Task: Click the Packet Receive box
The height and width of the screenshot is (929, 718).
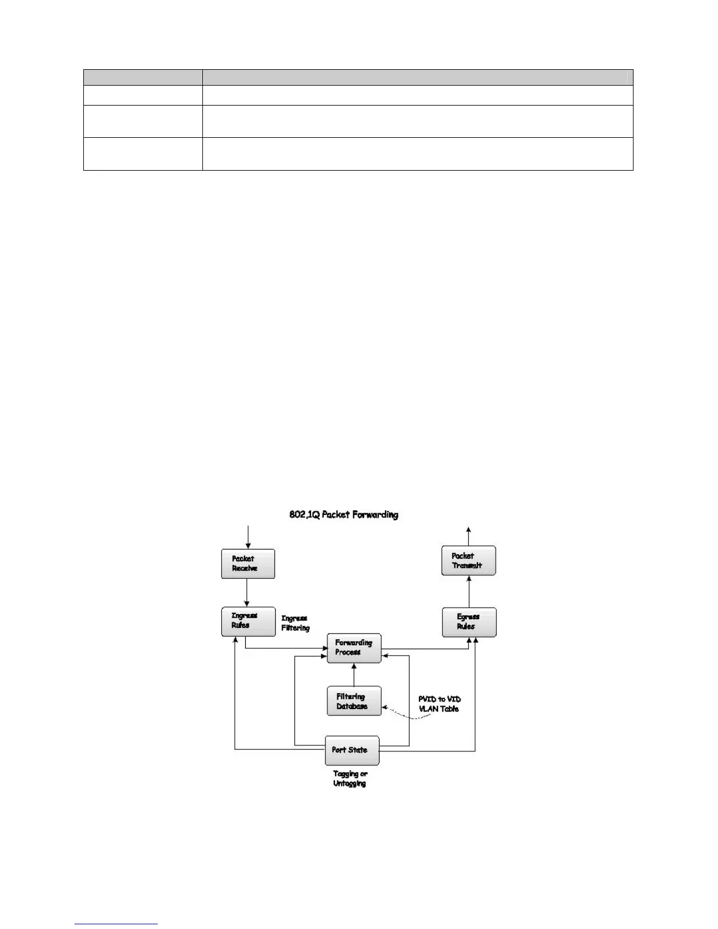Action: click(248, 564)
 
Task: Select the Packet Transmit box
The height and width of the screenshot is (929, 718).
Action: click(468, 561)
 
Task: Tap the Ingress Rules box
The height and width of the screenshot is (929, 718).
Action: click(248, 621)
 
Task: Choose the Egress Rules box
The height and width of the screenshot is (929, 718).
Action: click(469, 622)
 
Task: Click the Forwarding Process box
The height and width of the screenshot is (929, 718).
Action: click(354, 647)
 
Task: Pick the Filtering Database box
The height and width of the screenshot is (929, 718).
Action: click(354, 701)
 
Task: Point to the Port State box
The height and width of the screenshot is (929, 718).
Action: click(352, 750)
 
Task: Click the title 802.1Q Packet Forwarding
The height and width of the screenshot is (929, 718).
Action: click(344, 515)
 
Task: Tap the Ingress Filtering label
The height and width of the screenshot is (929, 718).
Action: click(295, 623)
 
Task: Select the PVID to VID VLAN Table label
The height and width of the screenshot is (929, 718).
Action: click(439, 704)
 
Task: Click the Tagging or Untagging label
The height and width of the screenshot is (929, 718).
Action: click(350, 778)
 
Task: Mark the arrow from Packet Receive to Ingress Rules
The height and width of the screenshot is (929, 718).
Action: click(247, 592)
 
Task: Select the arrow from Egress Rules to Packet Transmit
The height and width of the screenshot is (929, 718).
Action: click(469, 591)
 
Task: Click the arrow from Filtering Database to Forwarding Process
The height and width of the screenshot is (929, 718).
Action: click(354, 674)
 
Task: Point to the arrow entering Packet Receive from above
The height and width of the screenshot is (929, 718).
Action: click(248, 537)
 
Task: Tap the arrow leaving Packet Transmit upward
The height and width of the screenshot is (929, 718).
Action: click(468, 535)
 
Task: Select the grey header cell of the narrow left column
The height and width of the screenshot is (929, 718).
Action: click(143, 77)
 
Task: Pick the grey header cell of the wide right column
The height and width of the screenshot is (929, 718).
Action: click(418, 77)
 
